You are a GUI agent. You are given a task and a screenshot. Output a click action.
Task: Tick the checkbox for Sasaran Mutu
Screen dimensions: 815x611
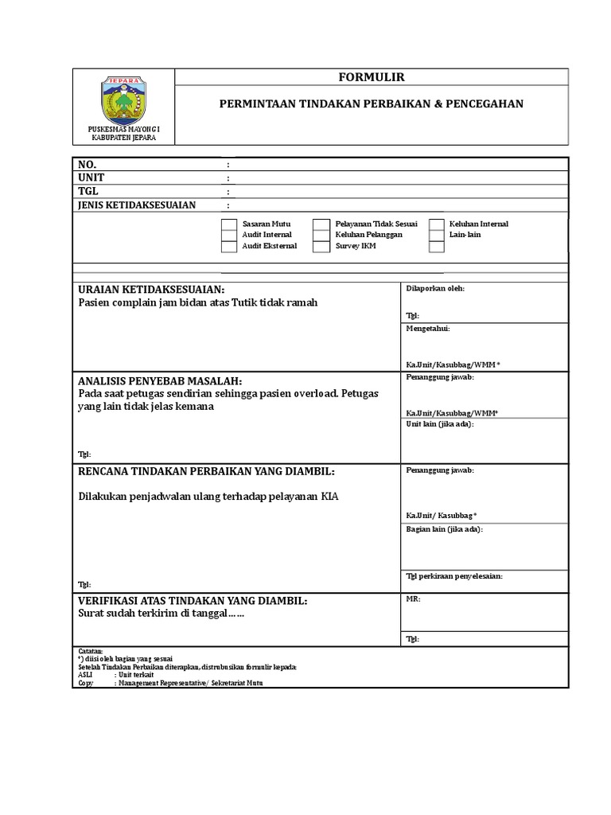pos(228,224)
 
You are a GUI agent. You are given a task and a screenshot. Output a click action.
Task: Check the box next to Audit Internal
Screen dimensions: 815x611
pos(228,236)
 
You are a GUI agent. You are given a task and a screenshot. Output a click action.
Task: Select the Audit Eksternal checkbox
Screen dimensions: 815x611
pos(228,247)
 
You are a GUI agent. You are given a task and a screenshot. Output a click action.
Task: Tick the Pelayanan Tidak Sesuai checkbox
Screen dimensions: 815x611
pos(321,224)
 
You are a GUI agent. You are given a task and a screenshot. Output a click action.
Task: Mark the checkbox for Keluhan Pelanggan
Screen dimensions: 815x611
pos(321,236)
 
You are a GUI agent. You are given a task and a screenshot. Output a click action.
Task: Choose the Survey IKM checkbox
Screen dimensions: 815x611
pos(321,247)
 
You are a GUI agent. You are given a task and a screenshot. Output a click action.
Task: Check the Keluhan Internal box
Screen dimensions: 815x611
pos(436,224)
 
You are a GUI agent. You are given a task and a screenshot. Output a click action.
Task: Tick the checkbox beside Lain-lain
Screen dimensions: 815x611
pos(436,236)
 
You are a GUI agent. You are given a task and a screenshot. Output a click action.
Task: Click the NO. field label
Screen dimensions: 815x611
pos(87,165)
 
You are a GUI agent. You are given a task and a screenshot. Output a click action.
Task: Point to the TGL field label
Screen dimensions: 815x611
pos(88,192)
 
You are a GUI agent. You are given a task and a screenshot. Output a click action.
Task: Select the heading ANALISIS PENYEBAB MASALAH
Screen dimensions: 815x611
pos(160,381)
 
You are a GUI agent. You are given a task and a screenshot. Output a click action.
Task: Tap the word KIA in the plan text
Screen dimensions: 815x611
pos(329,497)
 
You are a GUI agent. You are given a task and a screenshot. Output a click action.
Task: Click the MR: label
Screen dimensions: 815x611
pos(413,599)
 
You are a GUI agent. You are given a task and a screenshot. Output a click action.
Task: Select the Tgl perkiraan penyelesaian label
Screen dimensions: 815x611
pos(454,575)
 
